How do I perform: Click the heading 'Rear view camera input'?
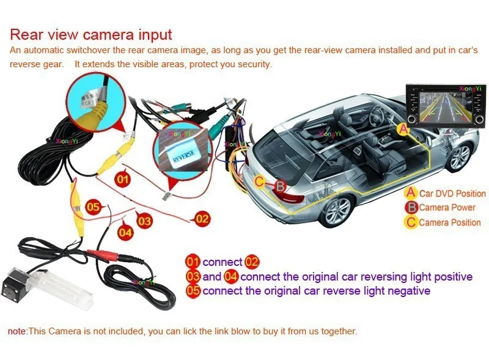click(91, 34)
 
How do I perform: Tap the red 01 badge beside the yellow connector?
click(123, 179)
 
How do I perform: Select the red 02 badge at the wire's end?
click(202, 218)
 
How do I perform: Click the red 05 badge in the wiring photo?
click(93, 207)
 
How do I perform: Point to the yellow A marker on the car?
click(403, 128)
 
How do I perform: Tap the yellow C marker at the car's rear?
click(260, 181)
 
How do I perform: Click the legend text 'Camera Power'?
click(447, 208)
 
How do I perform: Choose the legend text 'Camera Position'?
click(450, 222)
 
